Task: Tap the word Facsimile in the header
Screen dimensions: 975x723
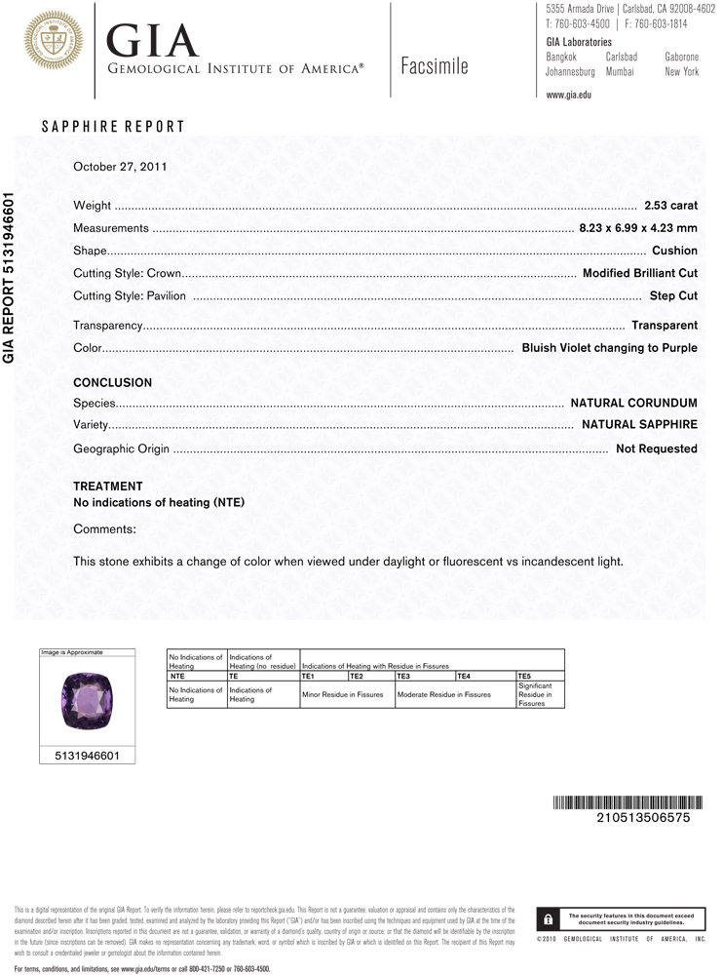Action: (x=434, y=66)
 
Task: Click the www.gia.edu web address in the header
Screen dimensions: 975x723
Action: (x=569, y=95)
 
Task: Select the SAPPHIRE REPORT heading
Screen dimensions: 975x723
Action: (x=113, y=127)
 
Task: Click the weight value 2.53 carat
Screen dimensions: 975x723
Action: (x=670, y=206)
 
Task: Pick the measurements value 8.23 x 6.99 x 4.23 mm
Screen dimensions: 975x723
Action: (x=638, y=228)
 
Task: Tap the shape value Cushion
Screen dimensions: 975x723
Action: (x=674, y=251)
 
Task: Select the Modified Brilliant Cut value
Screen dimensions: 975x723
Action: (x=639, y=273)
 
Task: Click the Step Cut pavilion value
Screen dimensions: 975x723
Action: (x=673, y=295)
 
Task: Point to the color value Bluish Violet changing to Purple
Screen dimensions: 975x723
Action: (x=609, y=347)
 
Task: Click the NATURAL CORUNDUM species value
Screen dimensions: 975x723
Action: (x=633, y=403)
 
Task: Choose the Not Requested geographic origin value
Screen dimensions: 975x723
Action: (x=657, y=448)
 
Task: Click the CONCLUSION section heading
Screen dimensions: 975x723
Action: (x=113, y=383)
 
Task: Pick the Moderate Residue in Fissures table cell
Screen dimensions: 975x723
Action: (x=443, y=695)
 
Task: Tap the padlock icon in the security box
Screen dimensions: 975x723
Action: (x=549, y=919)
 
